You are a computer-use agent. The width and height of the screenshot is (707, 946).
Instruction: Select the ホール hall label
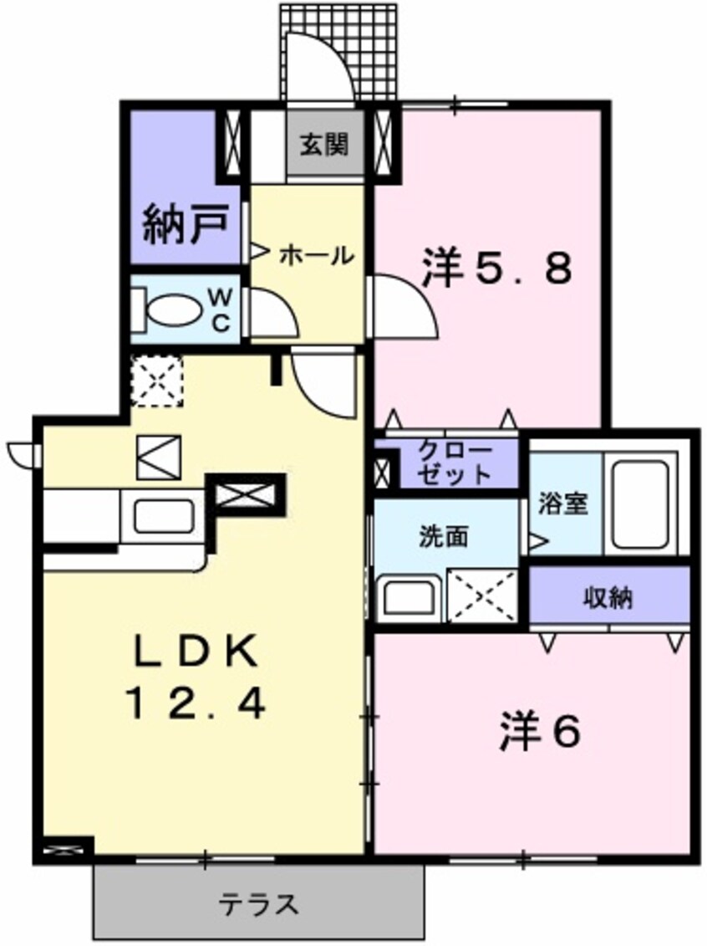click(316, 254)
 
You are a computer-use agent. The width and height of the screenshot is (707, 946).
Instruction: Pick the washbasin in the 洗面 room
click(409, 596)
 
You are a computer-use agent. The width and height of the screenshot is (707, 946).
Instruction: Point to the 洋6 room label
click(541, 734)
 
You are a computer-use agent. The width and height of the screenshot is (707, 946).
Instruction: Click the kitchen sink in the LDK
click(164, 516)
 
